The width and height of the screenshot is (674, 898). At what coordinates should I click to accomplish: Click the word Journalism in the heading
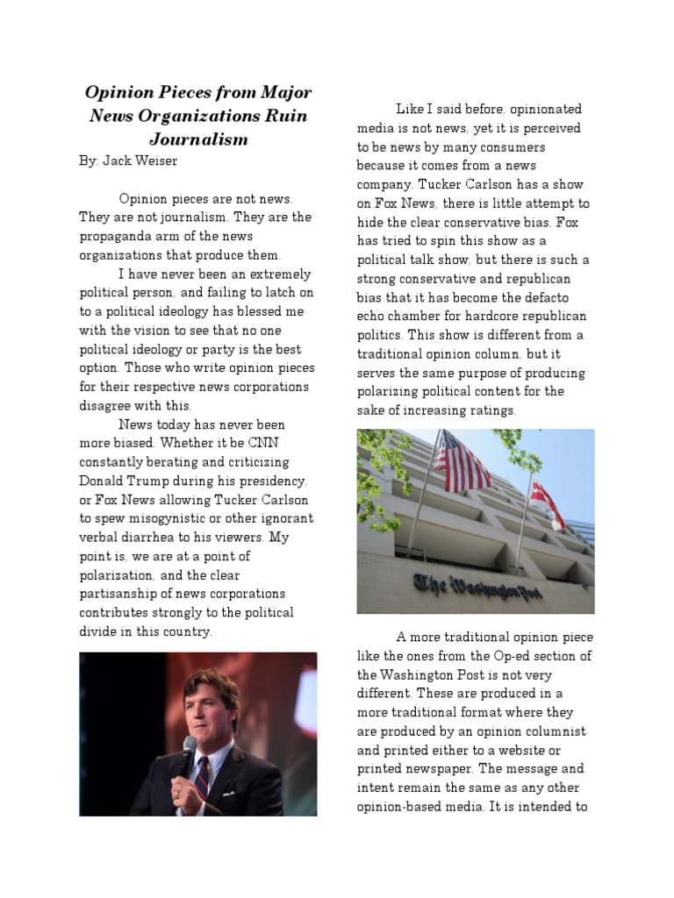pos(198,139)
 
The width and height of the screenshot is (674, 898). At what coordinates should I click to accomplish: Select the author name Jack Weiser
pos(145,161)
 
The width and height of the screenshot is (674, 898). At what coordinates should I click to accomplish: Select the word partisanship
pos(123,595)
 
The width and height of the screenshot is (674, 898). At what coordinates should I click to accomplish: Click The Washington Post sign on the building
pos(477,586)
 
